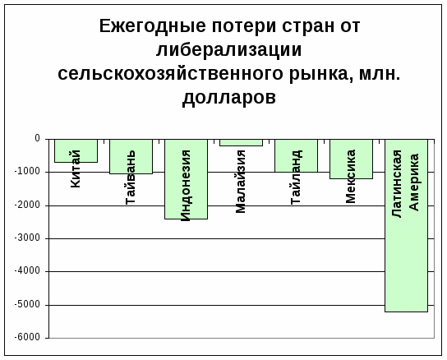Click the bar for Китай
click(x=76, y=151)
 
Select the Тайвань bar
click(x=131, y=157)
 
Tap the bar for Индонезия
click(x=187, y=179)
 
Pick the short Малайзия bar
click(x=242, y=143)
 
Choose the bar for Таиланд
click(x=296, y=155)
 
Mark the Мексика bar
click(x=351, y=159)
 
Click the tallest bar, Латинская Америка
click(x=406, y=226)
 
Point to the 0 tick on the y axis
click(x=37, y=139)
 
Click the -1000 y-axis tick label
click(x=27, y=172)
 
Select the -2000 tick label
click(x=27, y=205)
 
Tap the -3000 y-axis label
click(x=27, y=238)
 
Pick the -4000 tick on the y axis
click(x=27, y=271)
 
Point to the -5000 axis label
click(x=27, y=304)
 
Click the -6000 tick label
click(x=27, y=338)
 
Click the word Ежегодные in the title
click(x=153, y=26)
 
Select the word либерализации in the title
click(x=229, y=50)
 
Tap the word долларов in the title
click(x=229, y=98)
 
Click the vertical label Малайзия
click(x=241, y=182)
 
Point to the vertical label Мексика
click(x=350, y=176)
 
